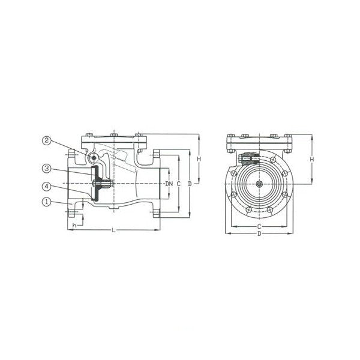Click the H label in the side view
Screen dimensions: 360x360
[x=199, y=158]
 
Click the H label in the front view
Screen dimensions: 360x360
[x=311, y=160]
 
